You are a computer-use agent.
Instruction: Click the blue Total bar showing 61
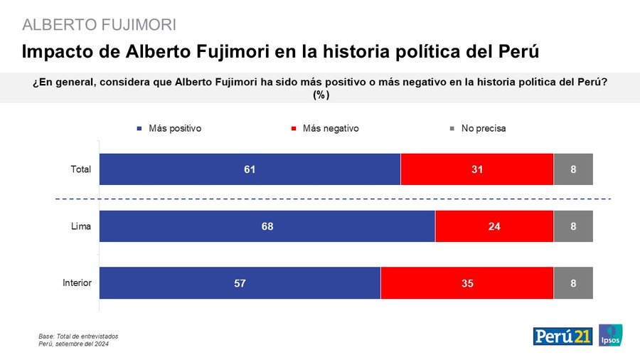pos(250,169)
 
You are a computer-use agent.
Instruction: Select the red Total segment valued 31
pos(477,169)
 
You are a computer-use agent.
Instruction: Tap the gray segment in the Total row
pos(573,169)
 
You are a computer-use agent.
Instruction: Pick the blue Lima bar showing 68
pos(267,226)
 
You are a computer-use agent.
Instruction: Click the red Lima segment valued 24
pos(494,226)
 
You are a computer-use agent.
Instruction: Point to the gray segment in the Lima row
pos(573,226)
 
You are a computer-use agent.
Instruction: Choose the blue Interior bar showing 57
pos(240,282)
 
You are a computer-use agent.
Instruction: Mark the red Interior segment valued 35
pos(467,282)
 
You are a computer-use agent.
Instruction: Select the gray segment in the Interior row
pos(573,282)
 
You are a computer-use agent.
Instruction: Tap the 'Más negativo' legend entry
pos(325,129)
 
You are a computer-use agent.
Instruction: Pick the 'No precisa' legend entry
pos(478,129)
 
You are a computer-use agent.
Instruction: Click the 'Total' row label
pos(81,169)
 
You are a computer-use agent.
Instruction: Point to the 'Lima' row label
pos(82,226)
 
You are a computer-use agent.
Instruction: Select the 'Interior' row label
pos(77,282)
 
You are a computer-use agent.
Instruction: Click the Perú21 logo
pos(562,336)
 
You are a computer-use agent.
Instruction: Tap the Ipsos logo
pos(610,335)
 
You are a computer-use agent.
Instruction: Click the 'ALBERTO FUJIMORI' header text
pos(99,25)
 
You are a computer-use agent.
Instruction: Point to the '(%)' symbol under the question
pos(319,94)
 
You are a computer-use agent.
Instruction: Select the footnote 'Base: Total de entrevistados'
pos(78,336)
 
